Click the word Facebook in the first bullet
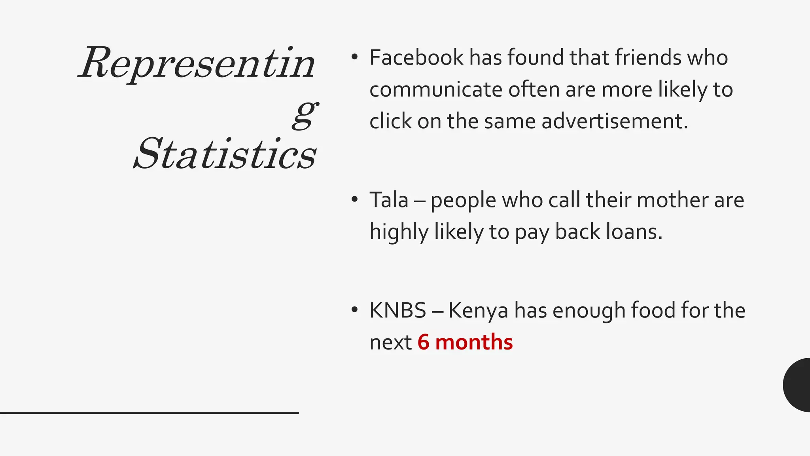point(416,58)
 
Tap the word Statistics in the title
point(225,154)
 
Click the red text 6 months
point(465,342)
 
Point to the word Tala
point(389,200)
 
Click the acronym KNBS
point(397,310)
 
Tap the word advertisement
point(615,121)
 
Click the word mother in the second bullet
point(672,200)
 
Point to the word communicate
point(436,90)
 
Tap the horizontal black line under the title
point(149,413)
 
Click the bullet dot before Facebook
point(354,57)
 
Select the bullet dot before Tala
point(354,199)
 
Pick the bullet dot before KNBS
point(354,310)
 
